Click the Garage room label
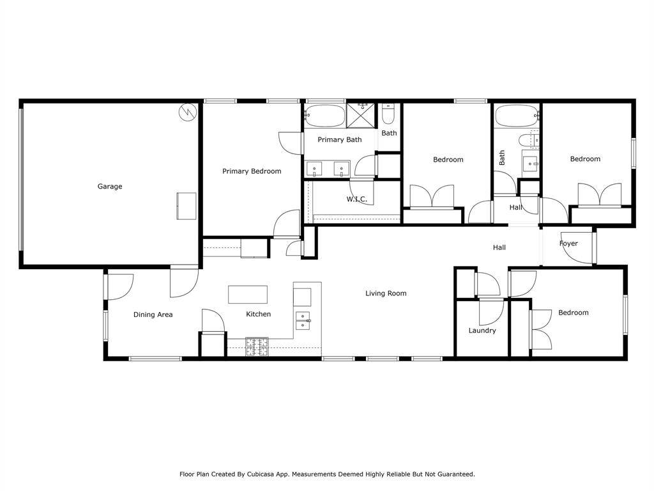tap(109, 187)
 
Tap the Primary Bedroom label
tap(252, 171)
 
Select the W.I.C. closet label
tap(356, 199)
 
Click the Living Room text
tap(386, 293)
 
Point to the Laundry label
tap(482, 331)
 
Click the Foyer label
tap(568, 244)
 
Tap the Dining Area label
tap(153, 315)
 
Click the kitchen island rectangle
tap(247, 295)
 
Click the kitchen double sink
tap(303, 320)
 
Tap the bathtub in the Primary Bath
tap(324, 116)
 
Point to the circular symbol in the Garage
tap(187, 113)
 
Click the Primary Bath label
tap(340, 139)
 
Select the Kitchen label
tap(259, 315)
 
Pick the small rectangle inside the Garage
tap(186, 206)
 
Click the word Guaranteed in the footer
tap(454, 474)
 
